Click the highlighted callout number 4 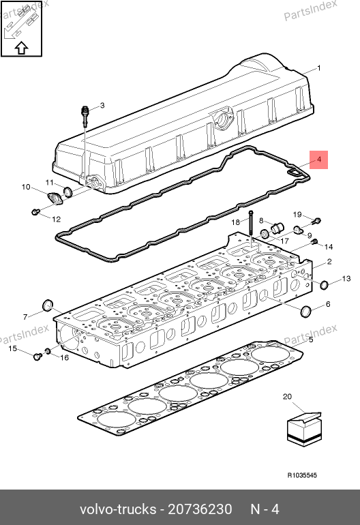point(319,160)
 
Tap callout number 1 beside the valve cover point(319,68)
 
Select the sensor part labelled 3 point(86,115)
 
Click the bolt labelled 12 point(35,211)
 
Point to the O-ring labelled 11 point(67,192)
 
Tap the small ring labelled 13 point(324,285)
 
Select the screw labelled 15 point(37,356)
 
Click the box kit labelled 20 point(304,430)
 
